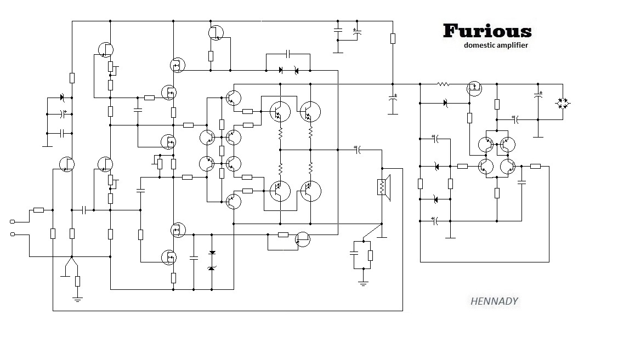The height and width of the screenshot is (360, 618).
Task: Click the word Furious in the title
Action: click(487, 31)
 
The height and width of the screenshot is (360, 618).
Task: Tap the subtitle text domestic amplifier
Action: click(496, 45)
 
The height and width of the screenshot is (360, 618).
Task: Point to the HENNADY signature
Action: click(494, 301)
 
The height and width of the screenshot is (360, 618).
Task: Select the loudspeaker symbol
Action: click(382, 186)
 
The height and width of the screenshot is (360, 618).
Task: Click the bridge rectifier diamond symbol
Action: click(562, 102)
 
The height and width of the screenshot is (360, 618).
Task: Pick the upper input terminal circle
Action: click(13, 221)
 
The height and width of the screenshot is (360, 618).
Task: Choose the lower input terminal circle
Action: click(13, 235)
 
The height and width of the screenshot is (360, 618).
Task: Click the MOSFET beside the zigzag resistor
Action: click(474, 88)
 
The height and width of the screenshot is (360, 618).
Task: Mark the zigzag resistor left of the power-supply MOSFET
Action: click(443, 84)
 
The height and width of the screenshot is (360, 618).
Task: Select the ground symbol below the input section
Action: click(77, 298)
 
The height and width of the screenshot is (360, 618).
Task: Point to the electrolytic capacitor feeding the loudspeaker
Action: click(357, 149)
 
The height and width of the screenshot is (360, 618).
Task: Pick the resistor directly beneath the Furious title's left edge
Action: click(393, 38)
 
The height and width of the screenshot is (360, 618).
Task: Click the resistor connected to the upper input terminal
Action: click(38, 210)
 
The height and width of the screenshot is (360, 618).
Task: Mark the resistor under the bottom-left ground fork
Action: click(77, 282)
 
